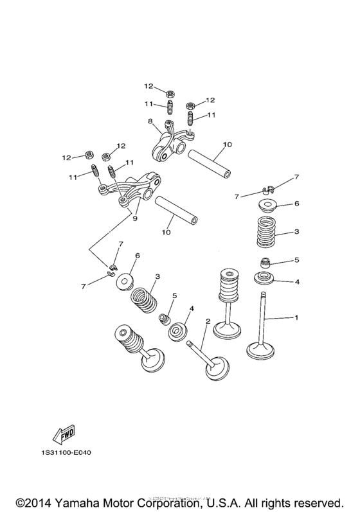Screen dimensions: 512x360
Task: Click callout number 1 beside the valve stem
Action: click(x=296, y=317)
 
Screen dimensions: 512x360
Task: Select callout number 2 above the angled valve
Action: click(x=208, y=321)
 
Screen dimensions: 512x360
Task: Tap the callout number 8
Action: click(x=150, y=120)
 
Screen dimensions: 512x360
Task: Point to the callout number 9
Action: click(x=135, y=218)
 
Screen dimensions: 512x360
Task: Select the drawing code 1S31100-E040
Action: click(x=67, y=452)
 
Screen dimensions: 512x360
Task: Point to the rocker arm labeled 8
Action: click(x=169, y=141)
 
